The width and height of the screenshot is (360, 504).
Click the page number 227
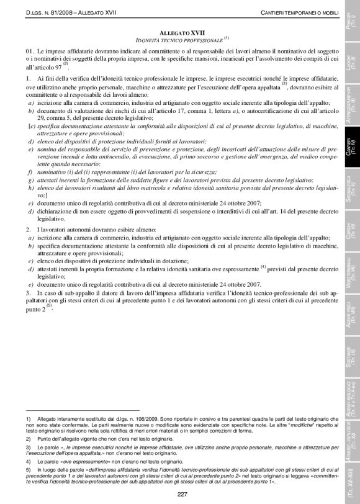(x=181, y=493)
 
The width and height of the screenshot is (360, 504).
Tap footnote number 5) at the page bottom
(x=29, y=470)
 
